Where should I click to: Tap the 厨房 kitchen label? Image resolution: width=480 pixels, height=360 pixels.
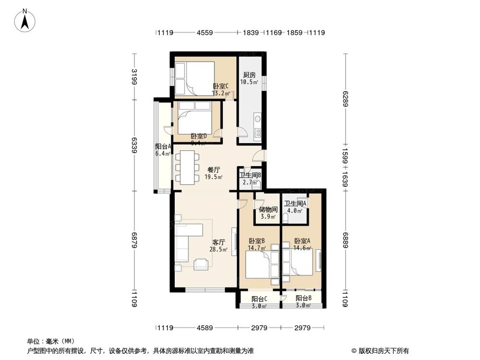tap(249, 75)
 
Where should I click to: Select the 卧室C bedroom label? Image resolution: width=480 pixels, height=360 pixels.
tap(221, 86)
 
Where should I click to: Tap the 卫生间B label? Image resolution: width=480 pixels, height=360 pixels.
tap(250, 175)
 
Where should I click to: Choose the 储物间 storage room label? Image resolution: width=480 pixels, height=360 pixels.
tap(267, 210)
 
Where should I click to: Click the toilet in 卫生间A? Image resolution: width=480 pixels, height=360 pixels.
tap(286, 219)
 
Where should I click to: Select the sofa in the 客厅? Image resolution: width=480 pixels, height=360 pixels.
tap(185, 242)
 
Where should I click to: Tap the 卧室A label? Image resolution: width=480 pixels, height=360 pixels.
tap(302, 241)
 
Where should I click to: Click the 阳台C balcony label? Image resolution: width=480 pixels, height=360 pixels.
tap(259, 298)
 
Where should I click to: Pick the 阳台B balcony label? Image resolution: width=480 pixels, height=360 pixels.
tap(303, 298)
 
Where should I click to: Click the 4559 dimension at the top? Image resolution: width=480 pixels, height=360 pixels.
tap(205, 33)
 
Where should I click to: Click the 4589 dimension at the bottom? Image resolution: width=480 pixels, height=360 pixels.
tap(205, 328)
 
